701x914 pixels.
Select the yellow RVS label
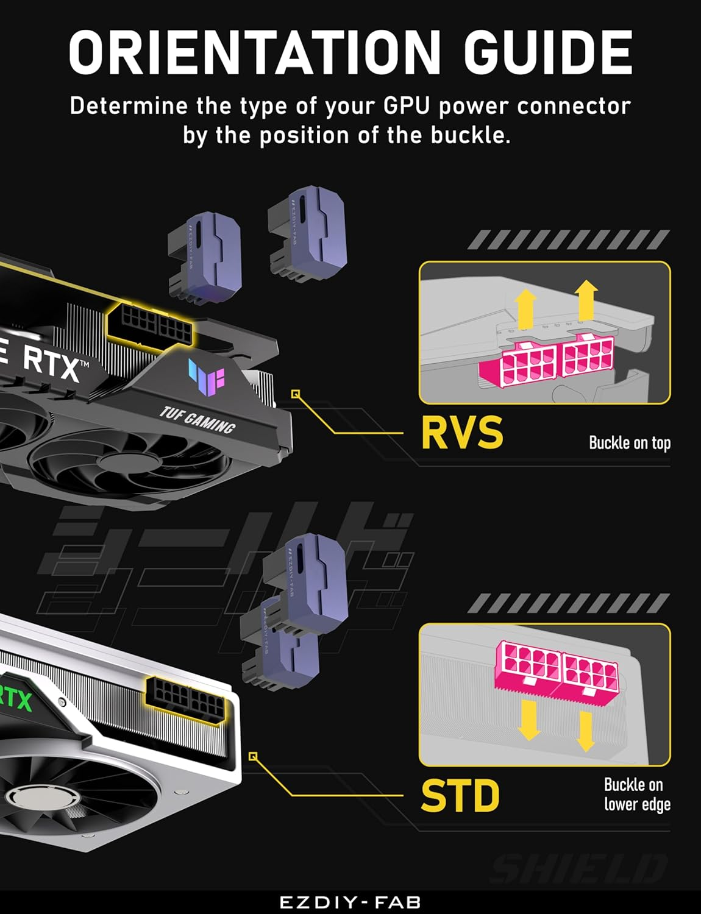point(462,433)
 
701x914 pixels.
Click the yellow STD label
point(460,795)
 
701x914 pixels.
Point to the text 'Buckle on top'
point(629,442)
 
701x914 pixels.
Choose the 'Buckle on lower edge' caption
point(636,794)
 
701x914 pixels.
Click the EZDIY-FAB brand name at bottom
point(350,902)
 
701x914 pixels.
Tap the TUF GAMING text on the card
point(197,420)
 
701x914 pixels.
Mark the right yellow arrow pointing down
point(585,730)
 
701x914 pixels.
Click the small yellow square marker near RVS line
point(296,394)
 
